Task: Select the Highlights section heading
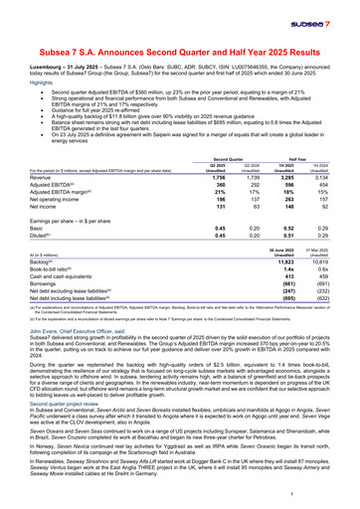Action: coord(43,82)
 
